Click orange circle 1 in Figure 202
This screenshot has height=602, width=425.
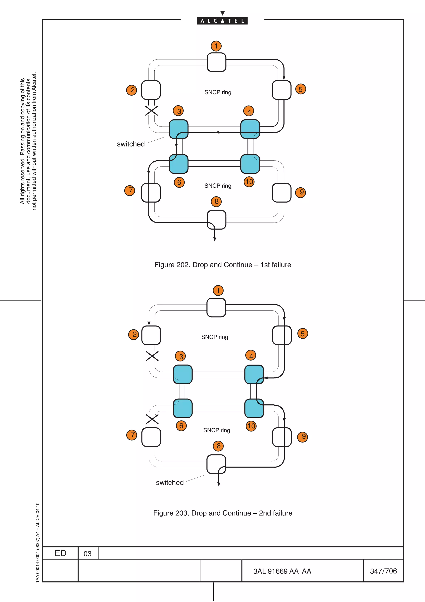[216, 46]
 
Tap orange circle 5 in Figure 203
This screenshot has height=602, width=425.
[302, 334]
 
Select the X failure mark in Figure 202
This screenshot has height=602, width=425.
[152, 111]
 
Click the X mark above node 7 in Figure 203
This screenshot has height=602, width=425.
[152, 419]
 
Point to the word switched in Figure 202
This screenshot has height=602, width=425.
[131, 144]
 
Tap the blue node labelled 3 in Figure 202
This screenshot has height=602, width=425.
[179, 129]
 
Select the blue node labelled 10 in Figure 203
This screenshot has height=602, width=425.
[254, 408]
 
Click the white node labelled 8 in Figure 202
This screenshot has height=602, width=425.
[216, 220]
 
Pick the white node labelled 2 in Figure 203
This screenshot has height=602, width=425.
[151, 335]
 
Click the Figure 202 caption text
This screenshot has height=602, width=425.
[223, 265]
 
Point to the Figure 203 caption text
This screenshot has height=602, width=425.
[223, 513]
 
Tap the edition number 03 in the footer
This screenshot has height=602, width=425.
[87, 554]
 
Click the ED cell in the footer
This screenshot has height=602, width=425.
[60, 553]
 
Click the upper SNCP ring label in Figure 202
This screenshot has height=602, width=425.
[218, 92]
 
